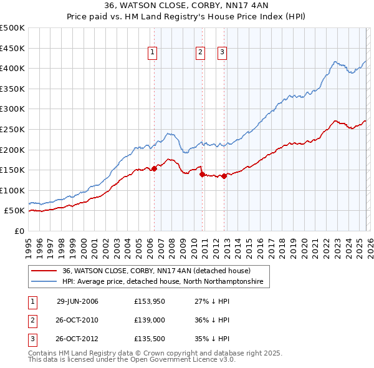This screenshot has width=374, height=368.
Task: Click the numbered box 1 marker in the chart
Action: coord(153,53)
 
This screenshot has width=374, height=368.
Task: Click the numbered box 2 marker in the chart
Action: coord(200,53)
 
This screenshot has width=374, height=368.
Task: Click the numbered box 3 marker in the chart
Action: coord(222,53)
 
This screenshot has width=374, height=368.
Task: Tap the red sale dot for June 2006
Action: coord(154,168)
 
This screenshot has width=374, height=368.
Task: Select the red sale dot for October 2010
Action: coord(202,175)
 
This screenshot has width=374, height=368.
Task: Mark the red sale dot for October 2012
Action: coord(224,176)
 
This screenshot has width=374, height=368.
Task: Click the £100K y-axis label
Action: coord(12,190)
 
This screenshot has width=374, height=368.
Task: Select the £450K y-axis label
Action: coord(12,48)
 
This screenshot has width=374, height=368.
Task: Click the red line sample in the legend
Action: coord(44,271)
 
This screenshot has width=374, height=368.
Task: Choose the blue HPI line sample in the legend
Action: coord(44,282)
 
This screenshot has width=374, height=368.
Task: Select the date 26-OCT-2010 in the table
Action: coord(77,320)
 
